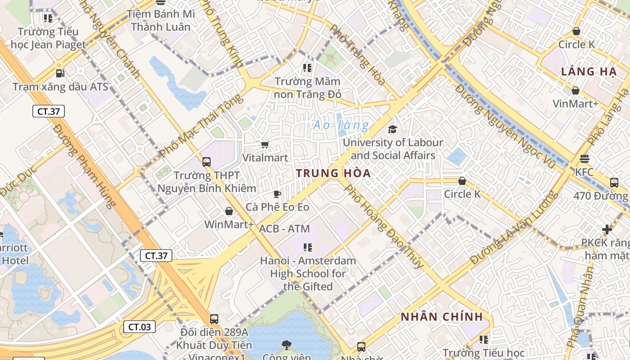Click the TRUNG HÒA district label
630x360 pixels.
tap(333, 173)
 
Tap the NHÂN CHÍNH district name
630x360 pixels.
tap(442, 317)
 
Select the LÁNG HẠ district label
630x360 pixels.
tap(589, 72)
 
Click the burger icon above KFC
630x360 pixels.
tap(585, 158)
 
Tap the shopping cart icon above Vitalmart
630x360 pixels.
tap(265, 144)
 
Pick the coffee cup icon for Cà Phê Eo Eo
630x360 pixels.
tap(277, 194)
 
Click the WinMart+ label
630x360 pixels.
tap(229, 224)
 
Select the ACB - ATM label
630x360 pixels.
tap(284, 229)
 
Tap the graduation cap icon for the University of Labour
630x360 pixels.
tap(392, 129)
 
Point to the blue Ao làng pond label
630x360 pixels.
tap(341, 125)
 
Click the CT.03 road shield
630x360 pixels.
tap(139, 327)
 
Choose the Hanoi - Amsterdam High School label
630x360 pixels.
tap(308, 273)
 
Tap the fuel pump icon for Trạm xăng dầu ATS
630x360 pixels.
tap(60, 73)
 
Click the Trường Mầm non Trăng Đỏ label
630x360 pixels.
tap(308, 88)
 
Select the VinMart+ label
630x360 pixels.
tap(576, 103)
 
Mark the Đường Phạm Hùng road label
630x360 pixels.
tap(84, 166)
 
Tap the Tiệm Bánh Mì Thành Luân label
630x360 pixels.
tap(161, 20)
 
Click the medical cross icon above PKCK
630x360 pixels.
tap(607, 229)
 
